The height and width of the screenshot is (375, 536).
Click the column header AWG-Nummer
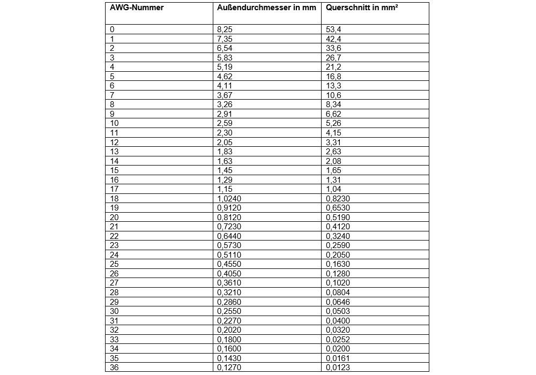[x=137, y=8]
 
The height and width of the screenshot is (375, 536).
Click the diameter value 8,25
[x=226, y=29]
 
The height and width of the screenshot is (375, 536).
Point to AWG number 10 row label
[x=114, y=123]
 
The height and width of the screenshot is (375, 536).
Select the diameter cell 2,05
[x=226, y=142]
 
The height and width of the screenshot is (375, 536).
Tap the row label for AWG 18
[x=114, y=198]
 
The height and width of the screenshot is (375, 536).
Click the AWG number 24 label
[x=114, y=254]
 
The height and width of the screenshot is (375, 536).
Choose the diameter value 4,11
[x=226, y=86]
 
